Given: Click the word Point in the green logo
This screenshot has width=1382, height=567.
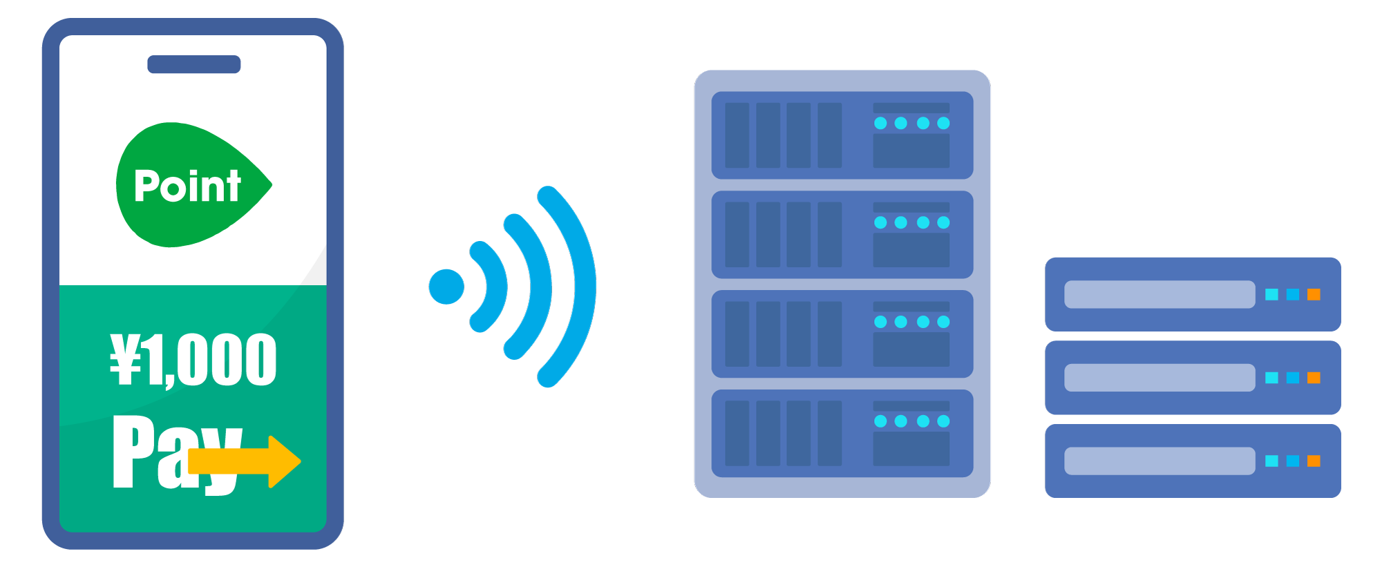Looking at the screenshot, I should tap(187, 186).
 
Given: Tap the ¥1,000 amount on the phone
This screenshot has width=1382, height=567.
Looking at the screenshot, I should tap(193, 360).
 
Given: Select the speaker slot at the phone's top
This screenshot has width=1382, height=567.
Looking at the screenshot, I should tap(194, 64).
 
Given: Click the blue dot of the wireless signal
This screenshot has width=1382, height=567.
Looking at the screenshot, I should tap(446, 287).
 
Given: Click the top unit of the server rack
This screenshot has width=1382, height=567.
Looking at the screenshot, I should tap(842, 135).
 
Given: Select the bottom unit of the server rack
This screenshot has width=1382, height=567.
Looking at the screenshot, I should tap(842, 434).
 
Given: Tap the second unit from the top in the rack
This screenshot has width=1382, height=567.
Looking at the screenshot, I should tap(842, 235).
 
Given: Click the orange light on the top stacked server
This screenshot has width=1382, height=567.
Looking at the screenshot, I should tap(1314, 295).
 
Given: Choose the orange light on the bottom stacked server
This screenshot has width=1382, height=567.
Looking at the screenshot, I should tap(1314, 461).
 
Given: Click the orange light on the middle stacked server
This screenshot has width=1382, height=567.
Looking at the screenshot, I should tap(1314, 378).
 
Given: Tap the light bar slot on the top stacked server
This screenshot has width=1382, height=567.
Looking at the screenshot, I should tap(1159, 295).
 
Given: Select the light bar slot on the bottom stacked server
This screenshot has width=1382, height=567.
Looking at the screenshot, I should tap(1159, 461).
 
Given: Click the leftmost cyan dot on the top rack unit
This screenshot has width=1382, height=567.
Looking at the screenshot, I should tap(880, 123).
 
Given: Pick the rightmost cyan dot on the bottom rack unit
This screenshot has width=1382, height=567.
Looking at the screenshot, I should tap(943, 421).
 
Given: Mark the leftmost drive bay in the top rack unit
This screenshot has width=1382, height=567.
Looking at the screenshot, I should tap(737, 135).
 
